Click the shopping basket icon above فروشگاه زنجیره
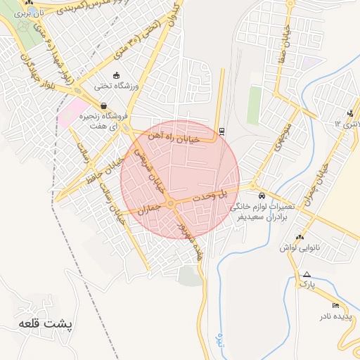pyautogui.click(x=103, y=105)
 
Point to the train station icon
pyautogui.click(x=222, y=130)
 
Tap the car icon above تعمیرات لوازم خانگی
pyautogui.click(x=262, y=195)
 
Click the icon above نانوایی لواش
pyautogui.click(x=300, y=237)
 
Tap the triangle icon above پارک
pyautogui.click(x=307, y=274)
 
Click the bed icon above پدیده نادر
pyautogui.click(x=335, y=304)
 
